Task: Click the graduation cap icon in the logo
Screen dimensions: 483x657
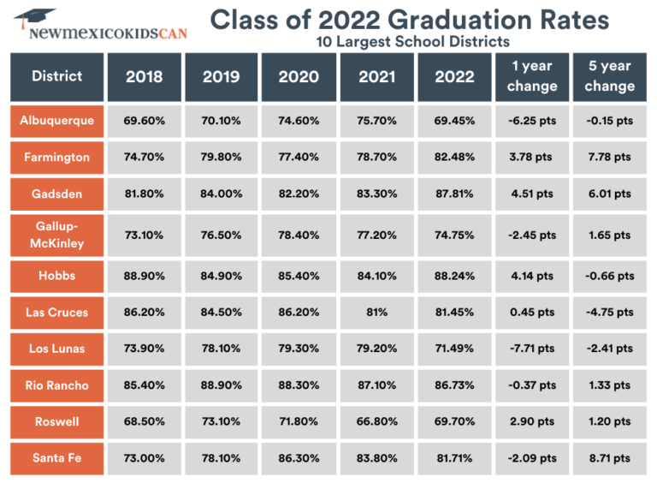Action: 34,17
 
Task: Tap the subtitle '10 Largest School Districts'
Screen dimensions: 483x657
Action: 411,40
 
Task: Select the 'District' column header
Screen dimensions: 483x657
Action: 56,76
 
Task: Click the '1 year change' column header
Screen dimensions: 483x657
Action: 531,76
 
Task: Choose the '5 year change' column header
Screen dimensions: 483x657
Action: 610,76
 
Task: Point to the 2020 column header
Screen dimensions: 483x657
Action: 299,76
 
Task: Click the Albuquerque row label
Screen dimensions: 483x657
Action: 56,121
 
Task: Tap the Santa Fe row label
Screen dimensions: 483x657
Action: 56,458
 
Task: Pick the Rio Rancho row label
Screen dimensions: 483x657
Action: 56,385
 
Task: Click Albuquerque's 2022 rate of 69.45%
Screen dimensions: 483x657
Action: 453,121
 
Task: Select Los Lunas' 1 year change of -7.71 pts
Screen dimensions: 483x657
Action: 531,349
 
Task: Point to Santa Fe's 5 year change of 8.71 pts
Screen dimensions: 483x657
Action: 610,458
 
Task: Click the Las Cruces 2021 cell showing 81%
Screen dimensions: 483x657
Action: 376,313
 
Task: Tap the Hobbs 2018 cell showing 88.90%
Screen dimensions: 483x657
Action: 144,276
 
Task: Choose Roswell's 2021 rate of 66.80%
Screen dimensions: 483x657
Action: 376,421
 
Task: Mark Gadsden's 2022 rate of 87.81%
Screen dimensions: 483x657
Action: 453,194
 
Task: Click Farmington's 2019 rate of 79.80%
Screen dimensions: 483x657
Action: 222,158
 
